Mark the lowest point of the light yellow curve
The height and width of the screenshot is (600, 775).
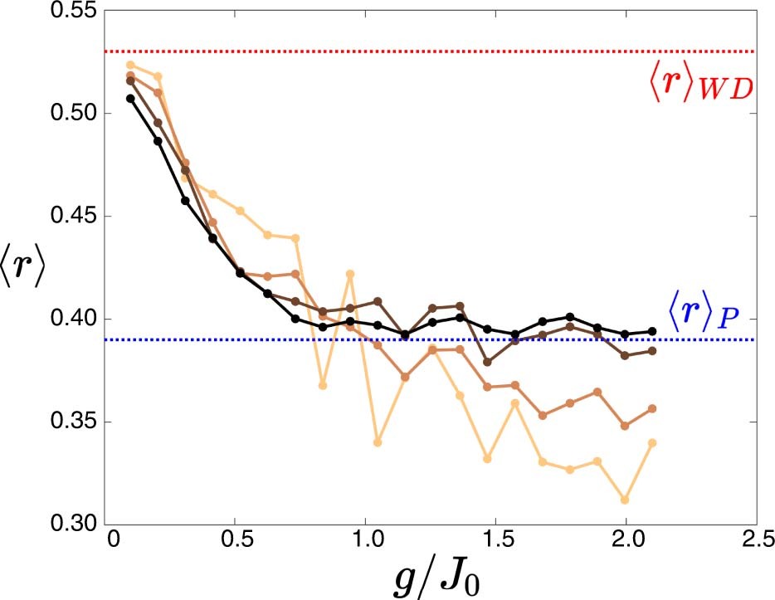tap(625, 500)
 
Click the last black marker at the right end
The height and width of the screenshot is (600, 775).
tap(652, 331)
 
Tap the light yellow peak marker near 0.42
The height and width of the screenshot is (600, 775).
tap(350, 274)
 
